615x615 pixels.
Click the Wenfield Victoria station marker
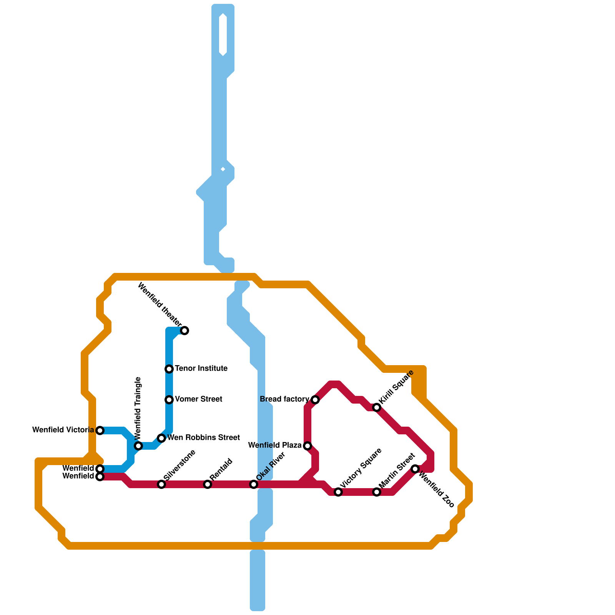[x=100, y=430]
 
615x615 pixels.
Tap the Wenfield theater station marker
[x=184, y=331]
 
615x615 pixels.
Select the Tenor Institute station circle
[x=169, y=369]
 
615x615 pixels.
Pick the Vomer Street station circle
[x=169, y=400]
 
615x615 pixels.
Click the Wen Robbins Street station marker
[x=161, y=438]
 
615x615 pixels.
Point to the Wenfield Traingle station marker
[x=138, y=446]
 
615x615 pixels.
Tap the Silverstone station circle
[x=161, y=484]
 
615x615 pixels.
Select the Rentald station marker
[x=208, y=484]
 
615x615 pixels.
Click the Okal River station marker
[x=254, y=484]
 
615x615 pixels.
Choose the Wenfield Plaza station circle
[x=307, y=446]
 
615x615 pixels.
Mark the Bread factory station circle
[x=315, y=400]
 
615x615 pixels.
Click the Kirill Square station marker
[x=377, y=407]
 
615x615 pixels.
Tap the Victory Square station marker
[x=338, y=492]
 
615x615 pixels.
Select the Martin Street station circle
[x=377, y=492]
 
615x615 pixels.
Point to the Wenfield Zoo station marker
[x=415, y=469]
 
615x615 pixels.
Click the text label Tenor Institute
[x=201, y=369]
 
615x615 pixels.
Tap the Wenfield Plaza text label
[x=275, y=445]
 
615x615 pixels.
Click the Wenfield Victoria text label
[x=63, y=430]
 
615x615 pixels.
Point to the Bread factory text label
[x=284, y=399]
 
